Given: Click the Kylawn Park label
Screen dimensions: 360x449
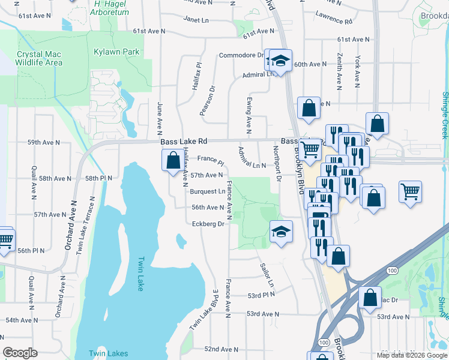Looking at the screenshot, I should coord(116,52).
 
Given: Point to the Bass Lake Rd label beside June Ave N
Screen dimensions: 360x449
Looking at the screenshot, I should coord(184,141).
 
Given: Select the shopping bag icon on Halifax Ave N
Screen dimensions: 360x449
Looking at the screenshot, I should coord(173,160).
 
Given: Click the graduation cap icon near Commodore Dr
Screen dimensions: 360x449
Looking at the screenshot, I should coord(280,61).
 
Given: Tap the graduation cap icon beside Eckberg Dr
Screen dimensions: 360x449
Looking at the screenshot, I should coord(281,232).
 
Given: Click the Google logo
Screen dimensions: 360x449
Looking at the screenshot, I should coord(20,353).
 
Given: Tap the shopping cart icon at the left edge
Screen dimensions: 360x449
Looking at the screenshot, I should coord(5,239).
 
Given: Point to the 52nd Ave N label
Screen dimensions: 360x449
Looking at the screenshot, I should coord(221,349).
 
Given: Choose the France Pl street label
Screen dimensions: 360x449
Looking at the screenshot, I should coord(210,161).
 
